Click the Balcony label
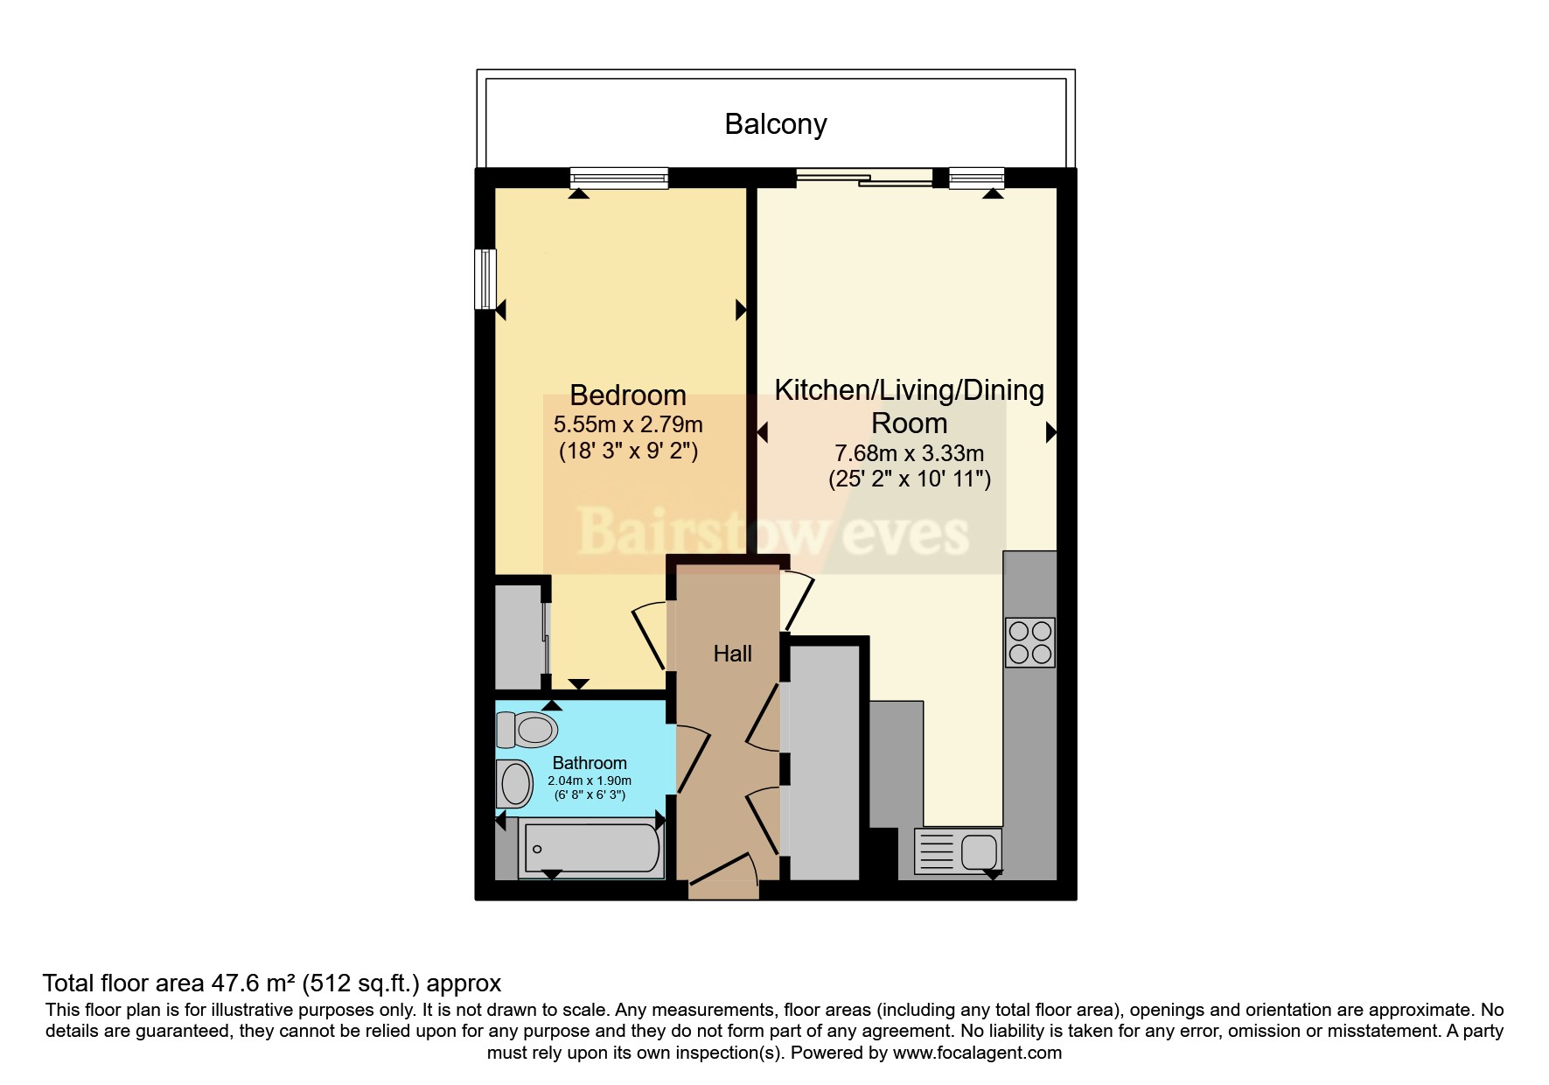tap(776, 124)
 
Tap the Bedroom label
tap(628, 395)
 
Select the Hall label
tap(732, 654)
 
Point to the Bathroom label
tap(590, 763)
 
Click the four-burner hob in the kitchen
tap(1029, 642)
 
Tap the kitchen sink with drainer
tap(958, 851)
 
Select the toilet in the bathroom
tap(527, 729)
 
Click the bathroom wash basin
tap(514, 783)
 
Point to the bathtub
tap(590, 848)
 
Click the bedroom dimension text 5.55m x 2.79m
tap(628, 425)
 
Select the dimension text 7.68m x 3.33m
tap(910, 454)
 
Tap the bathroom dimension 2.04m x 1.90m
tap(590, 780)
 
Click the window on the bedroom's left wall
tap(485, 279)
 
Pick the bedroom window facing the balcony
tap(619, 178)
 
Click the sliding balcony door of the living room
tap(864, 178)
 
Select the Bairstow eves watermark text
tap(774, 532)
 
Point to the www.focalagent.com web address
tap(977, 1053)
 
